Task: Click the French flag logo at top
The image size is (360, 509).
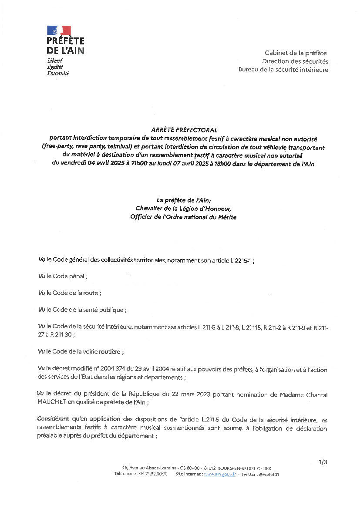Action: (59, 30)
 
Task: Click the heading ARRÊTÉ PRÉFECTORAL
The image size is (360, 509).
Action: (184, 130)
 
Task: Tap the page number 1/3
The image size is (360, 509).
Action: (323, 462)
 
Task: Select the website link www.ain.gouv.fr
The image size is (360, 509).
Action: (220, 474)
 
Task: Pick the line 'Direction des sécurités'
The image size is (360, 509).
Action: (295, 61)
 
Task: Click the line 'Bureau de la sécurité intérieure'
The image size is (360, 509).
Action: (283, 70)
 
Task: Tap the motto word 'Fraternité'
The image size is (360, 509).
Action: (58, 74)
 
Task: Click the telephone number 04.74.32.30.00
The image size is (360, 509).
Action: (153, 474)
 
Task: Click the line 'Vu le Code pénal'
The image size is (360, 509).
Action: (63, 276)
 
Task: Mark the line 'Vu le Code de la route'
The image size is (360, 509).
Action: (70, 293)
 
